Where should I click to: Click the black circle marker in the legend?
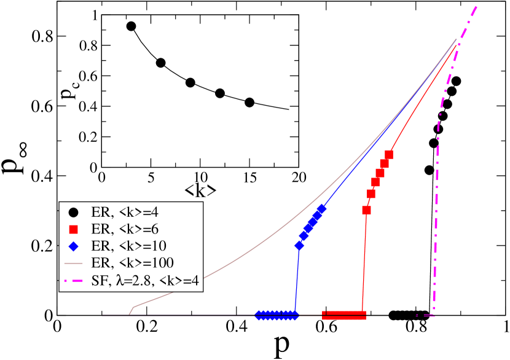pyautogui.click(x=73, y=213)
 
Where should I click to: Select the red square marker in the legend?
pyautogui.click(x=73, y=230)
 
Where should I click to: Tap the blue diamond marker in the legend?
pyautogui.click(x=73, y=246)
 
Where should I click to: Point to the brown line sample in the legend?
pyautogui.click(x=73, y=263)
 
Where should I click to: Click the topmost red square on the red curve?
pyautogui.click(x=388, y=154)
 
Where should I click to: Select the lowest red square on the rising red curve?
pyautogui.click(x=367, y=210)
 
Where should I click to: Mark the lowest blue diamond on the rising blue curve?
pyautogui.click(x=299, y=246)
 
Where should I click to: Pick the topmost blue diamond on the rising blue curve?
pyautogui.click(x=321, y=209)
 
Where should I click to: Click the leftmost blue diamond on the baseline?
pyautogui.click(x=259, y=315)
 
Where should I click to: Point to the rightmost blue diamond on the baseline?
pyautogui.click(x=295, y=315)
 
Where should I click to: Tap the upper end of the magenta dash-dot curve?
pyautogui.click(x=476, y=7)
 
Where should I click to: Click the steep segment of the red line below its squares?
pyautogui.click(x=364, y=264)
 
